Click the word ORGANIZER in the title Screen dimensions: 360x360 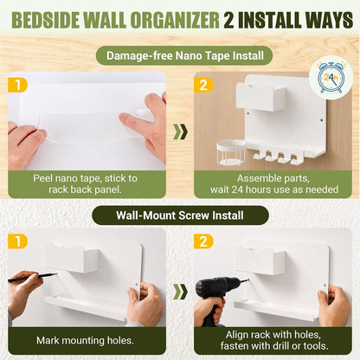pyautogui.click(x=175, y=20)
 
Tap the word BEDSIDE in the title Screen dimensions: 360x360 pyautogui.click(x=46, y=20)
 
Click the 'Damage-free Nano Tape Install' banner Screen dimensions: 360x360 pyautogui.click(x=184, y=55)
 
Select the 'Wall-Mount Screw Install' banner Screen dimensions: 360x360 pyautogui.click(x=180, y=215)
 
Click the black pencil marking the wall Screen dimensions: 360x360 pyautogui.click(x=33, y=277)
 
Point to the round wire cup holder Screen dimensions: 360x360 pyautogui.click(x=231, y=152)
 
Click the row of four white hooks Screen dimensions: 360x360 pyautogui.click(x=275, y=157)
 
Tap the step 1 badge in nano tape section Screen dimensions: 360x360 pyautogui.click(x=17, y=86)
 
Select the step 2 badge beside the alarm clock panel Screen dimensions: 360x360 pyautogui.click(x=203, y=86)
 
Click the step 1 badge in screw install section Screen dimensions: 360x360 pyautogui.click(x=17, y=241)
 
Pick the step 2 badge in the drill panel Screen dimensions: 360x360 pyautogui.click(x=203, y=241)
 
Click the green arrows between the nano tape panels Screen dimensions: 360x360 pyautogui.click(x=180, y=132)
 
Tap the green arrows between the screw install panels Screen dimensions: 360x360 pyautogui.click(x=180, y=292)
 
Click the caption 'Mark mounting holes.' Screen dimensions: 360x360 pyautogui.click(x=85, y=340)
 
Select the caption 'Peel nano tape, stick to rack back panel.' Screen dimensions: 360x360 pyautogui.click(x=85, y=183)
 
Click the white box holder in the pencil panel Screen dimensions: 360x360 pyautogui.click(x=72, y=258)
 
